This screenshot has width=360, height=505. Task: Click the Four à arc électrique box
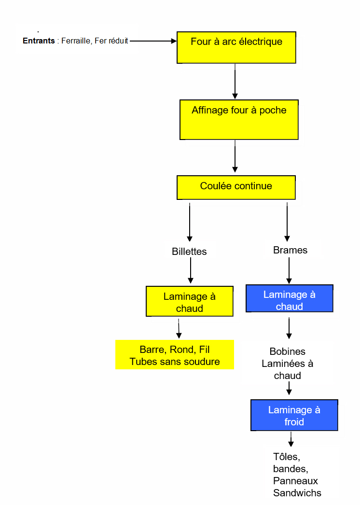(x=236, y=47)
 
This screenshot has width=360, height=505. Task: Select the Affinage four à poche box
(x=239, y=119)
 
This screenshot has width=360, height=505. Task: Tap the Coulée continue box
(x=236, y=187)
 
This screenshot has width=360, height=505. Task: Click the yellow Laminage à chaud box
(x=189, y=302)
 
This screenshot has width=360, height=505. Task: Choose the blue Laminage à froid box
(x=294, y=415)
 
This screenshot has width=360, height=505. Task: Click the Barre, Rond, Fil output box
(x=175, y=355)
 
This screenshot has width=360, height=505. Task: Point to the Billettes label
(x=189, y=252)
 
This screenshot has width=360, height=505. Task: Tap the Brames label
(x=290, y=250)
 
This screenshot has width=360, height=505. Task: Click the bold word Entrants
(x=39, y=41)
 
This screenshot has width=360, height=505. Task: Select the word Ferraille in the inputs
(x=75, y=41)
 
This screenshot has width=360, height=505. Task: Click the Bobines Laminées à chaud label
(x=288, y=364)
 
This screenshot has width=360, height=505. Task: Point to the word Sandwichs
(x=297, y=493)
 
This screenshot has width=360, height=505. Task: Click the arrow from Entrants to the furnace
(x=153, y=41)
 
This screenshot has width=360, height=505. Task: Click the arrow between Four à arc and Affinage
(x=235, y=81)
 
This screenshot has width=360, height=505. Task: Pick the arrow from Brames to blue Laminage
(x=289, y=270)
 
